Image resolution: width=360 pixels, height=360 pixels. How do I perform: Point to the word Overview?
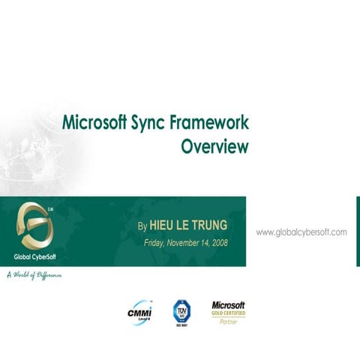[x=214, y=146]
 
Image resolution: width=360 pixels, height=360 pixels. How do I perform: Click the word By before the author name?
[x=143, y=225]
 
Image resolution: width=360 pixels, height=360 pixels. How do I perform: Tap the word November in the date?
[x=190, y=243]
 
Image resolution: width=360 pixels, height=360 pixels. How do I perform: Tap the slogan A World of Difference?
[x=34, y=275]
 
